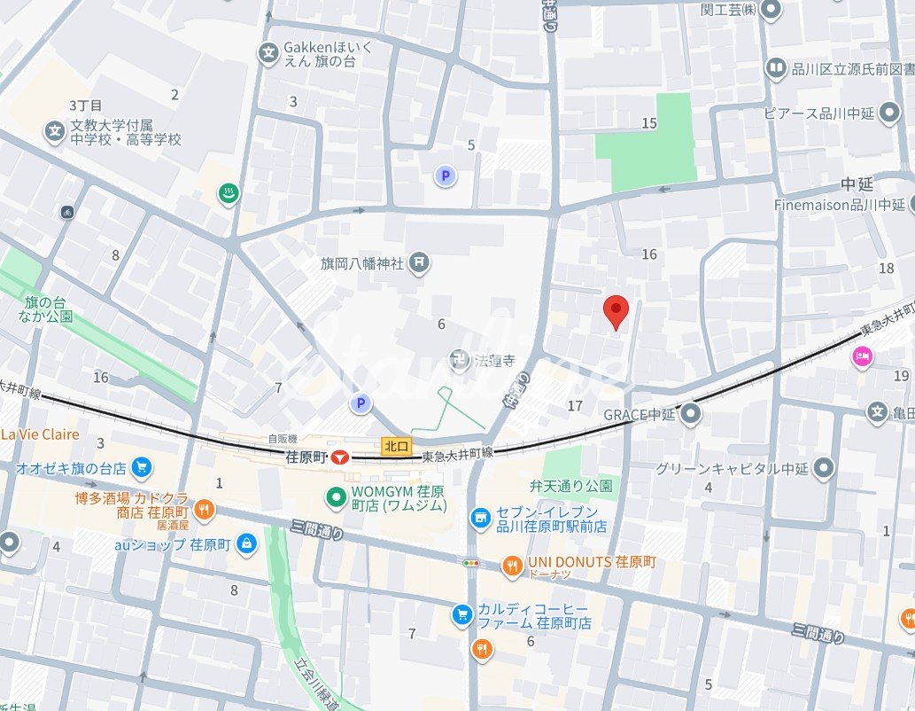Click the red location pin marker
tap(616, 311)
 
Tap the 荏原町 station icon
tap(339, 457)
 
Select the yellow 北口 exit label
tap(394, 447)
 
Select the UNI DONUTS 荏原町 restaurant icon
tap(512, 564)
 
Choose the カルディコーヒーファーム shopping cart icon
tap(461, 615)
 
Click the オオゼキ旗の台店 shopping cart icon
tap(141, 467)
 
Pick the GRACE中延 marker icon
tap(692, 414)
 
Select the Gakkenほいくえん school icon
tap(268, 54)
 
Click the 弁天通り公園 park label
tap(571, 486)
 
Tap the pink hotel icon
tap(861, 357)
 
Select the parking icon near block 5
tap(446, 176)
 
